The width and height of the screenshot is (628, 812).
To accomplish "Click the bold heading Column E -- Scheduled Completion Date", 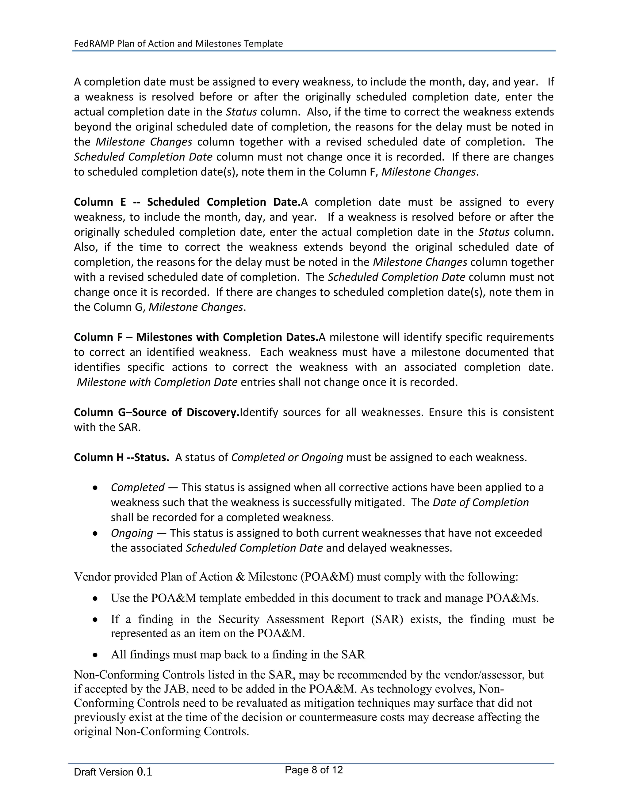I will (x=187, y=202).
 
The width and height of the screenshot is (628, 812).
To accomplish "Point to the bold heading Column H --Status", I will (x=121, y=457).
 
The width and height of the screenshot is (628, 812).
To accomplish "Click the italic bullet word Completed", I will (x=137, y=487).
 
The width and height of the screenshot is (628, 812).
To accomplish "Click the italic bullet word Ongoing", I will (x=132, y=533).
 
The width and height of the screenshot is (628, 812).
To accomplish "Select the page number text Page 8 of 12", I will (x=314, y=770).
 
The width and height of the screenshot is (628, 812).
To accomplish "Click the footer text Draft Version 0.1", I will (x=113, y=772).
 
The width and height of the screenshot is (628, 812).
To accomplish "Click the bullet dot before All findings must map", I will (x=96, y=655).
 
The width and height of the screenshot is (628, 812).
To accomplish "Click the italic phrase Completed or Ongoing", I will (x=287, y=457).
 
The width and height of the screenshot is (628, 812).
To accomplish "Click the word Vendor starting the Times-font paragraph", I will (x=92, y=577).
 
